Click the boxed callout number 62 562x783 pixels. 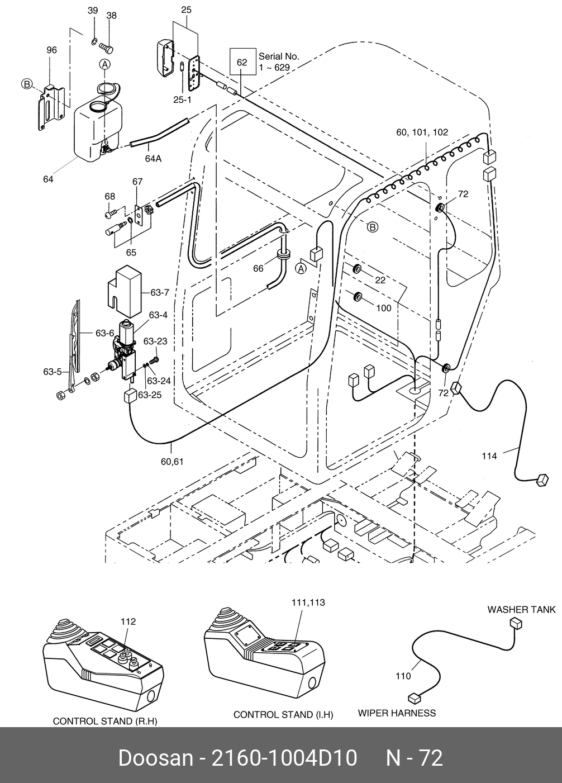242,62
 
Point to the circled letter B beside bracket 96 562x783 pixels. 26,84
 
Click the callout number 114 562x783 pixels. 489,456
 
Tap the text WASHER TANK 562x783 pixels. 521,609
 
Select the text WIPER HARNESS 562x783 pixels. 397,713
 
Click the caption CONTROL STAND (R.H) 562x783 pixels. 105,721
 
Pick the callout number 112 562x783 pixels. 128,621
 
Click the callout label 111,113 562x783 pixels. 308,602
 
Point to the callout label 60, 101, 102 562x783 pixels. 422,132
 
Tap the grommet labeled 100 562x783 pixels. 356,296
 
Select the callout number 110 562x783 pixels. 403,676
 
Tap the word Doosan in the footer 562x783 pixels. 155,758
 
